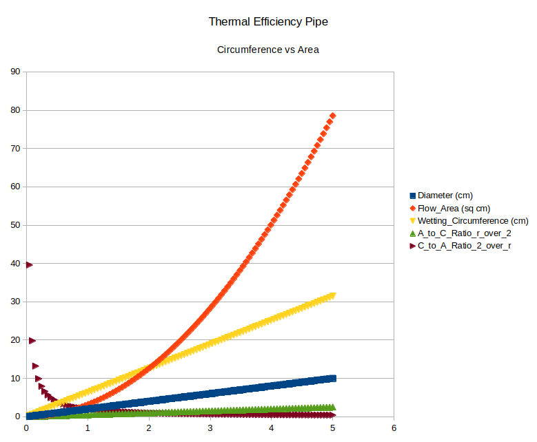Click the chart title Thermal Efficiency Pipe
[268, 21]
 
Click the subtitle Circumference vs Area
[268, 50]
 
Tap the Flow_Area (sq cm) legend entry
[453, 208]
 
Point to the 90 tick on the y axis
[14, 72]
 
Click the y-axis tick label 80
[14, 110]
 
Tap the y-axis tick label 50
[14, 225]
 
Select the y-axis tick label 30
[14, 302]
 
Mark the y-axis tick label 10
[14, 378]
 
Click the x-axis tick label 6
[394, 428]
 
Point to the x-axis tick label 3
[210, 428]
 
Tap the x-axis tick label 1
[88, 428]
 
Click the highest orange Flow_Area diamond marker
[332, 116]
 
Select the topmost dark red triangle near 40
[29, 264]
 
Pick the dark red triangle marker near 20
[32, 340]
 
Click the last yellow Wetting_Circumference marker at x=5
[332, 295]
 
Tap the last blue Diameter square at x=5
[332, 378]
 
